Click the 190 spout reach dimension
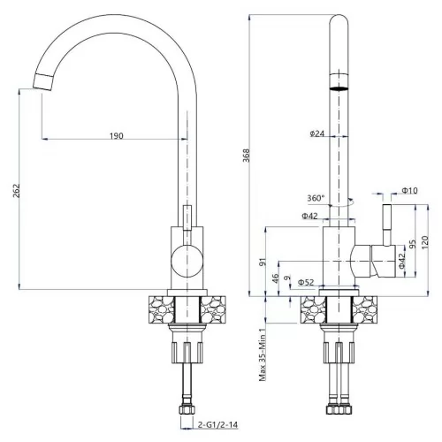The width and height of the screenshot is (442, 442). click(x=117, y=136)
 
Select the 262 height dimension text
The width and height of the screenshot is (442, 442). click(x=16, y=191)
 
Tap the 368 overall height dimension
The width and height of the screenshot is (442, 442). click(x=246, y=156)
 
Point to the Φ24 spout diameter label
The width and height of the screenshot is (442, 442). click(x=317, y=133)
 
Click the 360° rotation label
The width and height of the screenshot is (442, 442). click(x=316, y=198)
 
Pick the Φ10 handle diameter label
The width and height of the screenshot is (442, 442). click(x=410, y=191)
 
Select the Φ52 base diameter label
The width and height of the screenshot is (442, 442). click(x=306, y=282)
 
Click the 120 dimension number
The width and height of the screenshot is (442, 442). click(x=424, y=242)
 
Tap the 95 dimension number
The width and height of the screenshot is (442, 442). click(x=413, y=244)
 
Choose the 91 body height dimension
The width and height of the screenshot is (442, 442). click(x=263, y=262)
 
